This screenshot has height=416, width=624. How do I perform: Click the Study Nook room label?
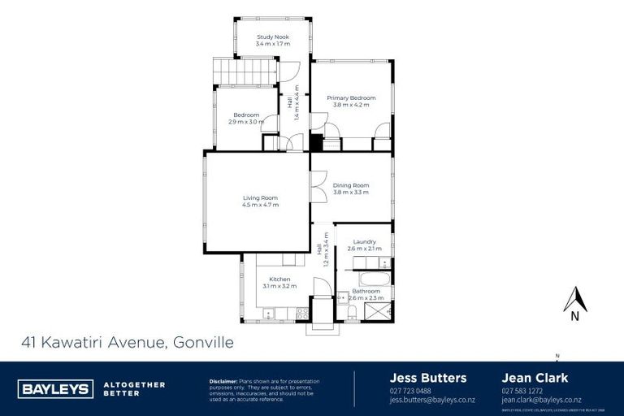click(x=272, y=37)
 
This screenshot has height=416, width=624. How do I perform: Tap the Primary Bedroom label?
click(x=351, y=97)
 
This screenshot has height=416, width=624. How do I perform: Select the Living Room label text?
click(x=260, y=197)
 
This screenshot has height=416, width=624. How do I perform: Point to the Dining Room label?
click(x=351, y=185)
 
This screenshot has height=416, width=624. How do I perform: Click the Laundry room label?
click(x=364, y=241)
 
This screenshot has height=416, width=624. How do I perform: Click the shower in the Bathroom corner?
click(x=382, y=310)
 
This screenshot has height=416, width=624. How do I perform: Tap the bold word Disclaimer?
click(x=223, y=380)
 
